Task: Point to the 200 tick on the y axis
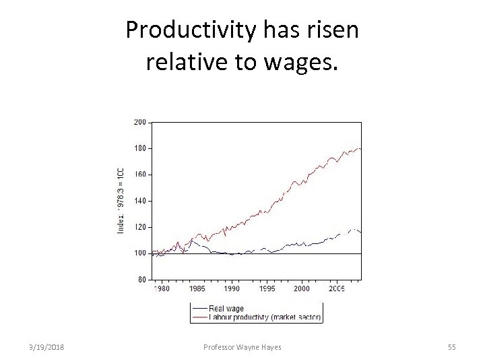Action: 140,122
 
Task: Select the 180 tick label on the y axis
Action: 140,148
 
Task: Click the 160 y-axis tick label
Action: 140,175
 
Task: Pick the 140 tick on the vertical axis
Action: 140,201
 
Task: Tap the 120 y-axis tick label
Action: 140,227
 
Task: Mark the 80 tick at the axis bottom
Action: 141,279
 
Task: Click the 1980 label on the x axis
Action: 162,289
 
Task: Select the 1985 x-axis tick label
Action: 197,289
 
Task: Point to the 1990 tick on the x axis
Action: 232,289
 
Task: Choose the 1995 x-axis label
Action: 267,289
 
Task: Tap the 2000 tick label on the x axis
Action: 302,289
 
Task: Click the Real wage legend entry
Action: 226,309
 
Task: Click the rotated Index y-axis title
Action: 121,201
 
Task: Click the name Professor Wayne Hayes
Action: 243,347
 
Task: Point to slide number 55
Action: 452,347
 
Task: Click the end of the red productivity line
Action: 361,148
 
